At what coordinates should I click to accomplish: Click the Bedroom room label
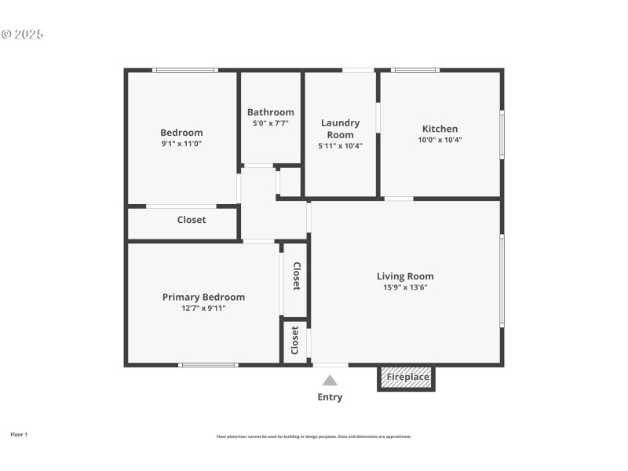tap(181, 133)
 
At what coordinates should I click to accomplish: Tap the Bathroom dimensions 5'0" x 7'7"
tap(271, 123)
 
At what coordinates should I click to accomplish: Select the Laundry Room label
tap(340, 129)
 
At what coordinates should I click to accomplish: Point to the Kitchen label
tap(440, 129)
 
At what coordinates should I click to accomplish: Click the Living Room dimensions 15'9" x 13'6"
tap(405, 287)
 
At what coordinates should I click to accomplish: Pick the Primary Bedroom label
tap(203, 297)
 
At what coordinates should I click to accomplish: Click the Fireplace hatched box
tap(407, 377)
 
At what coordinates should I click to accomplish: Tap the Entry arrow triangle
tap(330, 381)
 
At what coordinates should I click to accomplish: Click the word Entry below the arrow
tap(330, 397)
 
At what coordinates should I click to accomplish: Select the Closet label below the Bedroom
tap(191, 220)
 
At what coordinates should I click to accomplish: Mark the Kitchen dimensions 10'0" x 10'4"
tap(440, 140)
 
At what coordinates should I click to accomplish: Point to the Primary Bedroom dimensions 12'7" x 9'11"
tap(203, 308)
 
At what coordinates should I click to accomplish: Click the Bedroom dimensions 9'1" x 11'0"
tap(181, 144)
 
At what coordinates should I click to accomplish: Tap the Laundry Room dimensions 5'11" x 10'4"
tap(340, 145)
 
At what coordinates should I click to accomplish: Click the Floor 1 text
tap(18, 434)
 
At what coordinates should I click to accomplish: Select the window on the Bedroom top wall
tap(184, 71)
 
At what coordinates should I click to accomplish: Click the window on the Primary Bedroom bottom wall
tap(207, 364)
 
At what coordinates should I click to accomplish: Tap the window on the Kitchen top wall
tap(416, 71)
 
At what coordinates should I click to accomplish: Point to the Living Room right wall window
tap(502, 280)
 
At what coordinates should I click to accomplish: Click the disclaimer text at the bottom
tap(314, 436)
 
